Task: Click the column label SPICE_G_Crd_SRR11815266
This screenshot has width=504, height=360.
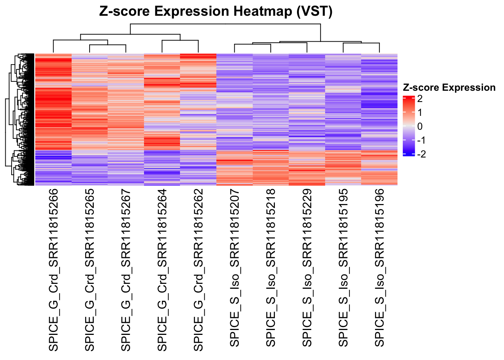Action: pyautogui.click(x=54, y=270)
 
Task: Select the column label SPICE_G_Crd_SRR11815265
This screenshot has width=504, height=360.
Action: pyautogui.click(x=90, y=270)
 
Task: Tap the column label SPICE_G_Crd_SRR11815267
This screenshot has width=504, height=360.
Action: pyautogui.click(x=126, y=270)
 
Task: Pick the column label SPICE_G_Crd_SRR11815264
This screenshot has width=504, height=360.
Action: pyautogui.click(x=162, y=270)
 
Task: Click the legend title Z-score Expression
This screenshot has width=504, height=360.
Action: pyautogui.click(x=449, y=88)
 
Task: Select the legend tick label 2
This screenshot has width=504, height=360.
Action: pyautogui.click(x=420, y=99)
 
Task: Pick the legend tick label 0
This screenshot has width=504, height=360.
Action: pyautogui.click(x=420, y=126)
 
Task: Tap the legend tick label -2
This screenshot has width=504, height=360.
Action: pyautogui.click(x=421, y=154)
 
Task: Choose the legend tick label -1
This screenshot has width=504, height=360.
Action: pyautogui.click(x=421, y=140)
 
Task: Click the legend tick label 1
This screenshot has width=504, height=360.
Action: pyautogui.click(x=420, y=112)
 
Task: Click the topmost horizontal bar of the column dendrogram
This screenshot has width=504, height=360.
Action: pyautogui.click(x=225, y=24)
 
